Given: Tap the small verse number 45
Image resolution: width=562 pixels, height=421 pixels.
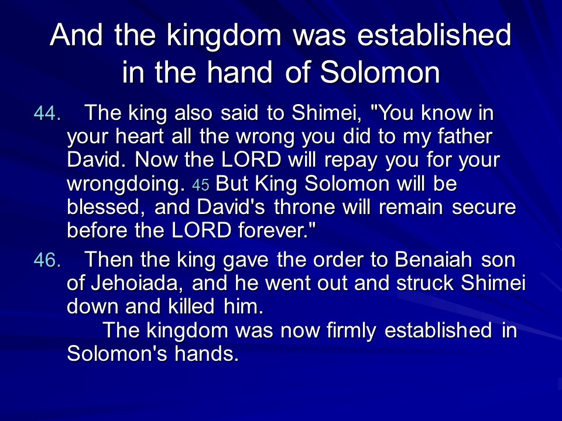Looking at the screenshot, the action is click(201, 185).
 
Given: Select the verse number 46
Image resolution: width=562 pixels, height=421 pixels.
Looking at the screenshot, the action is click(47, 260).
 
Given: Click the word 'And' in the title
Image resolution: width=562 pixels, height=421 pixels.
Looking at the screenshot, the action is click(76, 34).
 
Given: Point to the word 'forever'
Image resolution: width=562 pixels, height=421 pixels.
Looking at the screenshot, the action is click(271, 230).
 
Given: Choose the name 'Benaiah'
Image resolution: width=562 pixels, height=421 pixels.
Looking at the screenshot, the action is click(433, 260).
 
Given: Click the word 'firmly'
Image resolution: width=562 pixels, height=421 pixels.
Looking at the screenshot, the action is click(351, 331).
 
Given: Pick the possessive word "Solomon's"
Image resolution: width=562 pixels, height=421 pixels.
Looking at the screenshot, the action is click(117, 354).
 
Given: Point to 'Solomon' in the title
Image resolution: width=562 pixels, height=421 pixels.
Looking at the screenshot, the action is click(380, 72).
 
